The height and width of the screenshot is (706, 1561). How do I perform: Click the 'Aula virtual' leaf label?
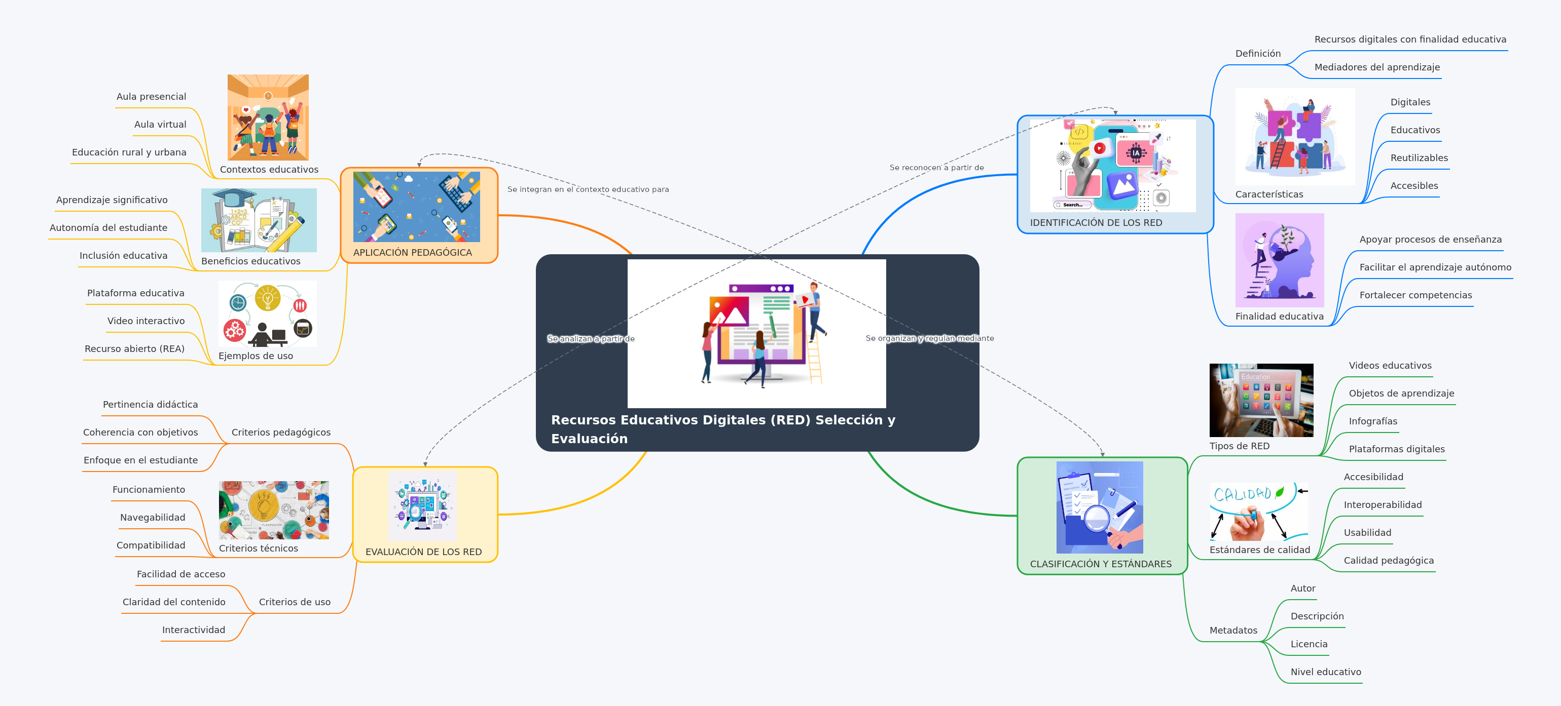(160, 124)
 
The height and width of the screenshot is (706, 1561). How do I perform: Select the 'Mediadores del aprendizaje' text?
(1377, 67)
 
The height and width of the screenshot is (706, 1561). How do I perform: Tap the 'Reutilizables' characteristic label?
(1419, 158)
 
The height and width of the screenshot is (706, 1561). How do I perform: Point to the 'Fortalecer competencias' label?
(1415, 295)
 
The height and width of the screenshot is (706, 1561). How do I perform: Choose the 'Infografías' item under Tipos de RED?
(1372, 421)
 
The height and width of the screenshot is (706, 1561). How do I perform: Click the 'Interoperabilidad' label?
(1382, 505)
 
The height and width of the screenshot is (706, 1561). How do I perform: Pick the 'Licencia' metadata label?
(1309, 644)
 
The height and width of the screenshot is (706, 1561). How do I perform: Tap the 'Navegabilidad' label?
(152, 518)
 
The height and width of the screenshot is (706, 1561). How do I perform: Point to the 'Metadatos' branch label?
(1232, 631)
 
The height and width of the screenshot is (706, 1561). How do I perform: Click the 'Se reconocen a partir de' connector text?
(936, 168)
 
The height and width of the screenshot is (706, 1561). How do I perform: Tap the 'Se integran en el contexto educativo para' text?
(588, 189)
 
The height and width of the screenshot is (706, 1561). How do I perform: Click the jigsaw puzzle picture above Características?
(1294, 137)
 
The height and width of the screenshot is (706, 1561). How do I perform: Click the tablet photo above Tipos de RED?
(1261, 400)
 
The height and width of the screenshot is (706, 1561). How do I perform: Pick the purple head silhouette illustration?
(1279, 260)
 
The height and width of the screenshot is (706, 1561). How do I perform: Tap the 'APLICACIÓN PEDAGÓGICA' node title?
(412, 253)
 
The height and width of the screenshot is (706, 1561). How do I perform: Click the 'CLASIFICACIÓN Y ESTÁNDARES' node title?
(1101, 564)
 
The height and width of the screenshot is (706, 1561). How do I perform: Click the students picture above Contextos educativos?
(268, 117)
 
